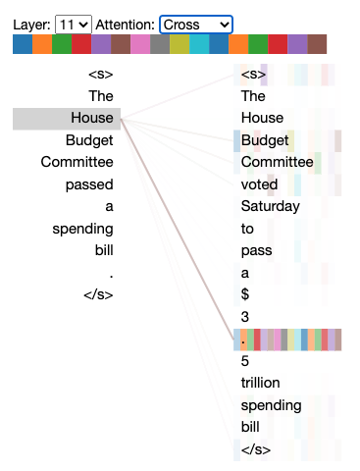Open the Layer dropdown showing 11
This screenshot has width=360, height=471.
tap(73, 23)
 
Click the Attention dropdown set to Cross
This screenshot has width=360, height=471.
tap(196, 23)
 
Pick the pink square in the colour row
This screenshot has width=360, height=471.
tap(140, 44)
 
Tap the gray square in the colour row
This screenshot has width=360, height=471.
tap(160, 44)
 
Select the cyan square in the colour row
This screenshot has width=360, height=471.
tap(199, 44)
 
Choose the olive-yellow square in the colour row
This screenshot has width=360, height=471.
tap(180, 44)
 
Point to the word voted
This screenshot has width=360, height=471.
tap(260, 183)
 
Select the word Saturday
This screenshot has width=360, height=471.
tap(270, 206)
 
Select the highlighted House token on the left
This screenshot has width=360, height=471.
tap(92, 118)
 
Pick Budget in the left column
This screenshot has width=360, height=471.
tap(89, 139)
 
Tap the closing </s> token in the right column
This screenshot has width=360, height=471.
tap(255, 449)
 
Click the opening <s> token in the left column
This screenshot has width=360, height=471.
tap(101, 74)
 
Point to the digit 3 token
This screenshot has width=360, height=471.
tap(245, 316)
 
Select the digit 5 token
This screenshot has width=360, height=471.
tap(245, 360)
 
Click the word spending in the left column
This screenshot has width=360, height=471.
tap(83, 228)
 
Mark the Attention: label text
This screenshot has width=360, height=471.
tap(126, 23)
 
